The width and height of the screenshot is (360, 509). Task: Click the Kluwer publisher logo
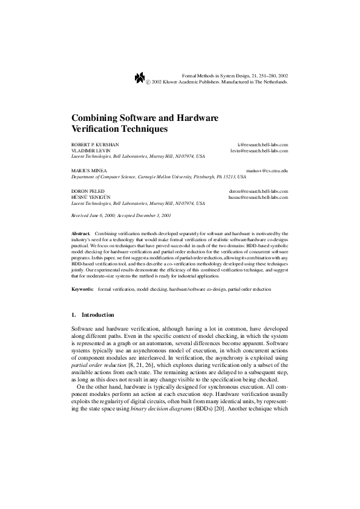139,76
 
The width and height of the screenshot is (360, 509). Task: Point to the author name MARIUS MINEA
86,172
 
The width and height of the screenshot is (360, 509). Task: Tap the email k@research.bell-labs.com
263,144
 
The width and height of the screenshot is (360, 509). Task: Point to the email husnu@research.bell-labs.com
258,197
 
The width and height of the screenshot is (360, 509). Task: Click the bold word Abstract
80,233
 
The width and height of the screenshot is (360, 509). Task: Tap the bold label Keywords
82,290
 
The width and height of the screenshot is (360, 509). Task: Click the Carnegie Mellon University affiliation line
159,178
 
